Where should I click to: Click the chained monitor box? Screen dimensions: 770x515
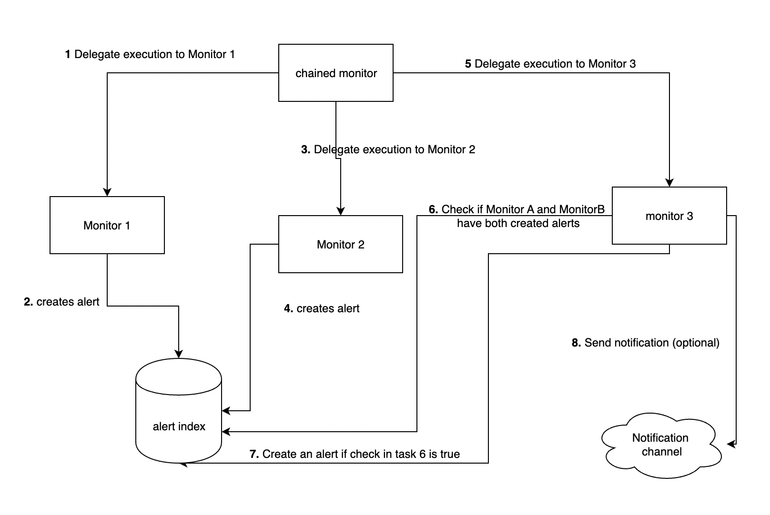[x=336, y=73]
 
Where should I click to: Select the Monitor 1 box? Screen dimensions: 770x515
[x=107, y=225]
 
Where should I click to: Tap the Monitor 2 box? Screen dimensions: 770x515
[x=340, y=244]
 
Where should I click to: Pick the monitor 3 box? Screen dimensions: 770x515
[x=669, y=216]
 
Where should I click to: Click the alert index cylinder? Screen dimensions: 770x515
[x=179, y=411]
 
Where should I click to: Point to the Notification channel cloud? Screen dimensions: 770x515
[x=661, y=446]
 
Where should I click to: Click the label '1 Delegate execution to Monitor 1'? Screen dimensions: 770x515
[x=150, y=54]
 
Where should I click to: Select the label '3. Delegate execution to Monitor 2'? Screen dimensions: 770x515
[x=388, y=149]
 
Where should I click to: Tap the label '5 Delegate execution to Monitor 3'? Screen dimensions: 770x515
[x=550, y=63]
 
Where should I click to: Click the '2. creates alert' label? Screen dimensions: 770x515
[x=61, y=301]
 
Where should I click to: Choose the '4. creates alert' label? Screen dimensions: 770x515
[x=322, y=308]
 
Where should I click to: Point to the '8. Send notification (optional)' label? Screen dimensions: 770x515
[x=646, y=343]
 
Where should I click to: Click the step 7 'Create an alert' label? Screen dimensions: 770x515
[x=355, y=454]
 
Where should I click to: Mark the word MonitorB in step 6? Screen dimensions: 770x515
[x=582, y=209]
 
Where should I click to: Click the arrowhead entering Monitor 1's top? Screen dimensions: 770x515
[x=107, y=192]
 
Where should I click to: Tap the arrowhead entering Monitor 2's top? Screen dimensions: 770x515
[x=340, y=211]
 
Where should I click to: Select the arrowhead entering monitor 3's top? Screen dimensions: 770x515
[x=669, y=183]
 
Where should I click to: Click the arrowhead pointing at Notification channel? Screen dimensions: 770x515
[x=731, y=444]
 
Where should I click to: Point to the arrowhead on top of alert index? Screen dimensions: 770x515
[x=179, y=354]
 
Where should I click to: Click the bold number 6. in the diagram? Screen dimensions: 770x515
[x=433, y=209]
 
